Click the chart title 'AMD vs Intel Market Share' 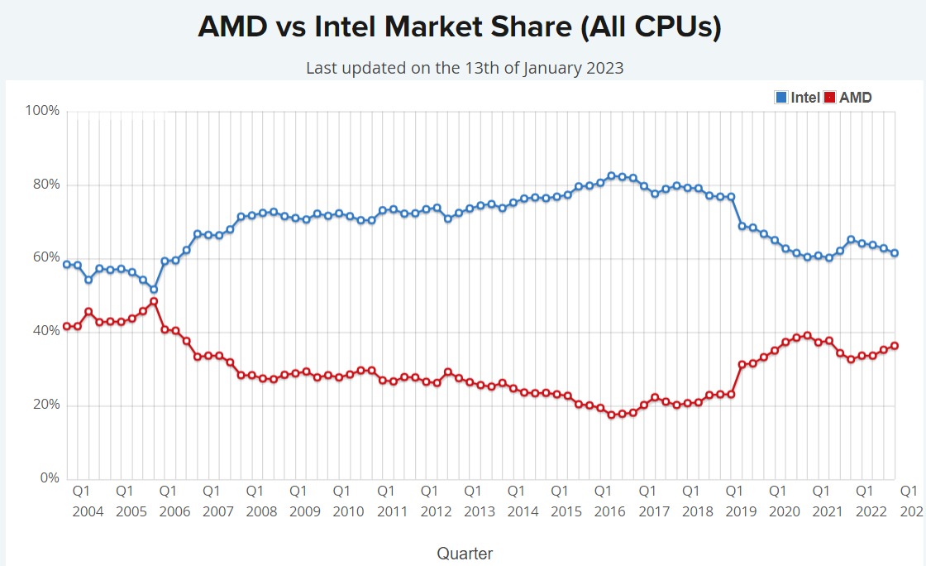click(460, 26)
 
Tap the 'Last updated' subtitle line click(465, 68)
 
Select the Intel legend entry click(797, 98)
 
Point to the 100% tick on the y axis click(43, 111)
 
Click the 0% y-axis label click(49, 478)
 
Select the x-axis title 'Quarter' click(465, 553)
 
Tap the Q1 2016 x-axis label click(610, 501)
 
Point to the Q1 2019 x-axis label click(741, 501)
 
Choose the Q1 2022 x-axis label click(871, 501)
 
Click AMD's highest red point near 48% click(153, 301)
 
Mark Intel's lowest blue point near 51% click(153, 290)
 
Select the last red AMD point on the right click(895, 346)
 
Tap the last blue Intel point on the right click(895, 253)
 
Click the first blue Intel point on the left click(66, 265)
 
